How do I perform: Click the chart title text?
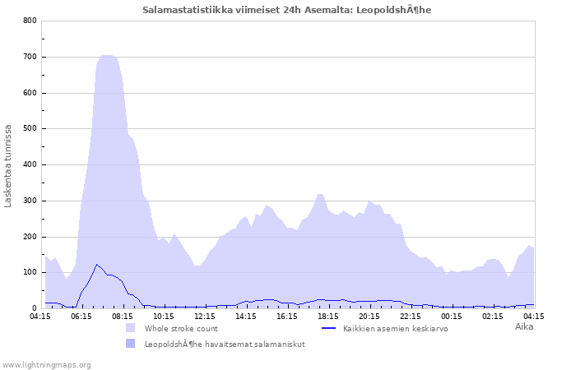click(287, 10)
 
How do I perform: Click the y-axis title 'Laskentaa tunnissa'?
click(8, 165)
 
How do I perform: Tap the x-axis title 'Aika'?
click(524, 326)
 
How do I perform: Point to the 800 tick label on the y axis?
click(30, 21)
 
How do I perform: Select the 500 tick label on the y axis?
click(30, 129)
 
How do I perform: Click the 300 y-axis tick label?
click(30, 201)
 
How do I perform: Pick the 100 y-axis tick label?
click(30, 272)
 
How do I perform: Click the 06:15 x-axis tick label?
click(81, 316)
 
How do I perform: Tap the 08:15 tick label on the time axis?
click(123, 316)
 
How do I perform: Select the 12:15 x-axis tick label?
click(205, 316)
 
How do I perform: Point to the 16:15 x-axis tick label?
click(287, 316)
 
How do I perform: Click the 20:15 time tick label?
click(369, 316)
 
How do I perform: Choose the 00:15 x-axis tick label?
click(452, 316)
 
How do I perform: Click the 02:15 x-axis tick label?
click(493, 316)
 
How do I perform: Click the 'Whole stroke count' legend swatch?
click(131, 328)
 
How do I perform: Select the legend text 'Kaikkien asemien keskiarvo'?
click(395, 328)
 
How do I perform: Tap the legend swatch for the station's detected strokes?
click(131, 344)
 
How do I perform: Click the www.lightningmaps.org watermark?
click(46, 364)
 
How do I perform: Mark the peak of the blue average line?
click(97, 265)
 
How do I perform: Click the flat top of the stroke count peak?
click(107, 56)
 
